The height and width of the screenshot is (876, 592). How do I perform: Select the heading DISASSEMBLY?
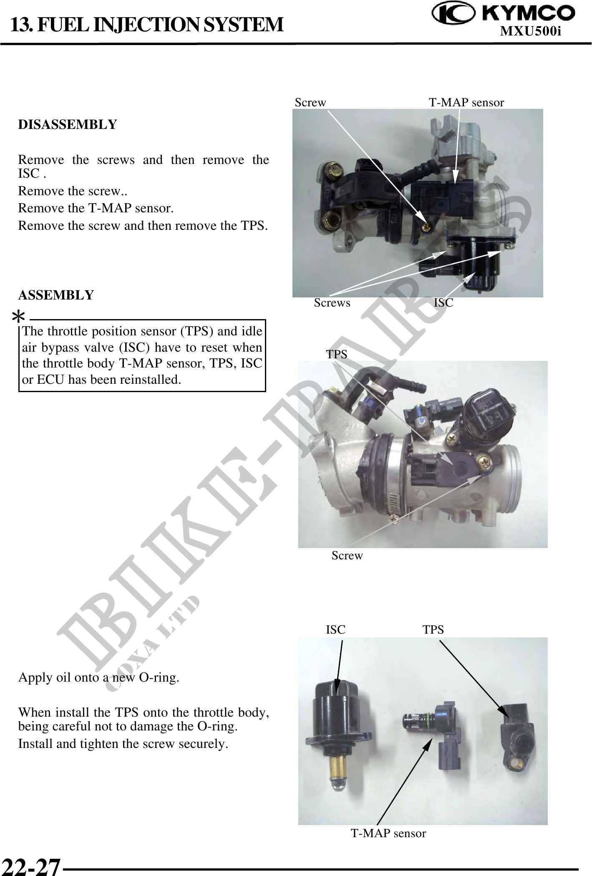coord(68,124)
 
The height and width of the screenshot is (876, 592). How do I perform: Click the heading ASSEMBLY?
coord(56,295)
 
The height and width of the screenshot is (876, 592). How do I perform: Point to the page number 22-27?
coord(30,865)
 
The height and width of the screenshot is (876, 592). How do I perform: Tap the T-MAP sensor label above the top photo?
coord(466,102)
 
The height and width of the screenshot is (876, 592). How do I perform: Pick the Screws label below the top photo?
coord(332,303)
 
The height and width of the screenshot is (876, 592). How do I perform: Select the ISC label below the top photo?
coord(443,303)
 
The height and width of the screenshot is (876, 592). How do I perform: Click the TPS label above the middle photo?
coord(336,355)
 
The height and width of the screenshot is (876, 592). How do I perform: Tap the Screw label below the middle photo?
coord(347,556)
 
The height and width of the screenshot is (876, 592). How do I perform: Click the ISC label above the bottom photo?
coord(335,630)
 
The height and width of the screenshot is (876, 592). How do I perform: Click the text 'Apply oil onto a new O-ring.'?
coord(99,677)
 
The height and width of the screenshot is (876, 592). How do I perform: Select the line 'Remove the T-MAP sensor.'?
coord(96,208)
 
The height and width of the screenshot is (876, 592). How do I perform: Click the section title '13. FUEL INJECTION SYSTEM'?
coord(147,24)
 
